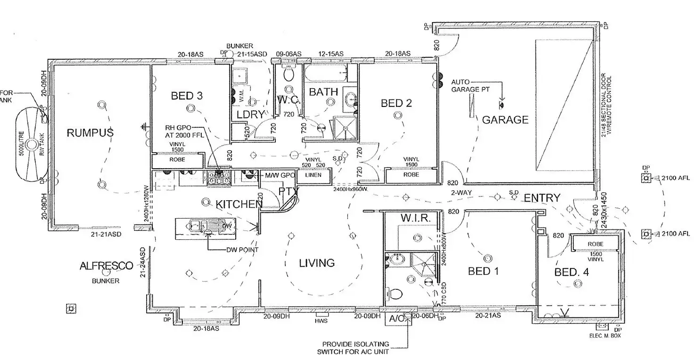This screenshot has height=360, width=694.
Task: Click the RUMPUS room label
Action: coord(90,133)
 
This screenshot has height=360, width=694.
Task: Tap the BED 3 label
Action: coord(187,96)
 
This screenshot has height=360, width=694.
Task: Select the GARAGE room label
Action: coord(505,120)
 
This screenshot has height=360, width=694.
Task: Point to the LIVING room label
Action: coord(317,262)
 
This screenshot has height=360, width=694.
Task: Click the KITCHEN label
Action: coord(239,204)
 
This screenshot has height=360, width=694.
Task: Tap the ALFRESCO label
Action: coord(106,266)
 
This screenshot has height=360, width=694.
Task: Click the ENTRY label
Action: coord(542,198)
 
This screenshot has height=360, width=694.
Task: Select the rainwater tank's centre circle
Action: coord(32,145)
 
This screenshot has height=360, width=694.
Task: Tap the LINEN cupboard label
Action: coord(313,175)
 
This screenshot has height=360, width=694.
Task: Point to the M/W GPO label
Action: coord(280,175)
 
